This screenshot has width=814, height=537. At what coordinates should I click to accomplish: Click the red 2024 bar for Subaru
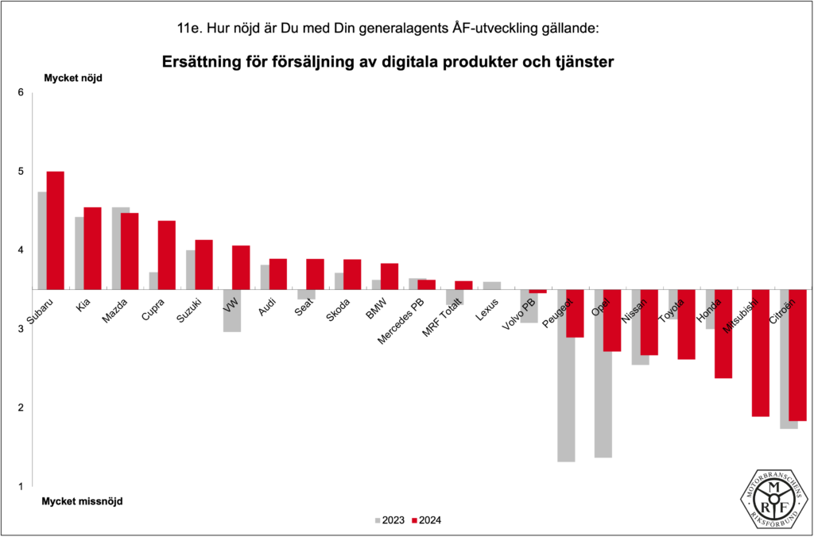point(56,230)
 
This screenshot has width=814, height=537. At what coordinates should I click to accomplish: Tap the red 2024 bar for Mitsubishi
point(761,353)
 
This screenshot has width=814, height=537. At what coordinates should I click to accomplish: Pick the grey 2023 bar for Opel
point(603,373)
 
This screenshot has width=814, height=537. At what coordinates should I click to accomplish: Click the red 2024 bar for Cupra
point(167,255)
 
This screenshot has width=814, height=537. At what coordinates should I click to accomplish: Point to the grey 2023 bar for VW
point(232,311)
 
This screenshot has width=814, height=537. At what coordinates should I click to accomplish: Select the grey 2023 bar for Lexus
point(492,285)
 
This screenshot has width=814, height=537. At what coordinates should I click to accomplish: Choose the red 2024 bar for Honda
point(723,334)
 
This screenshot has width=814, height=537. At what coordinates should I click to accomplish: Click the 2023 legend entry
point(389,521)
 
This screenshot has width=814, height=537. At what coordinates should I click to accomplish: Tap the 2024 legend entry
point(426,521)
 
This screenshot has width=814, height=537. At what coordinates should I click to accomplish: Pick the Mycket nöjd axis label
point(73,78)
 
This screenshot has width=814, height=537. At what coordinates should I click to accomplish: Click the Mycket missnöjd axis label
point(83,501)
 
